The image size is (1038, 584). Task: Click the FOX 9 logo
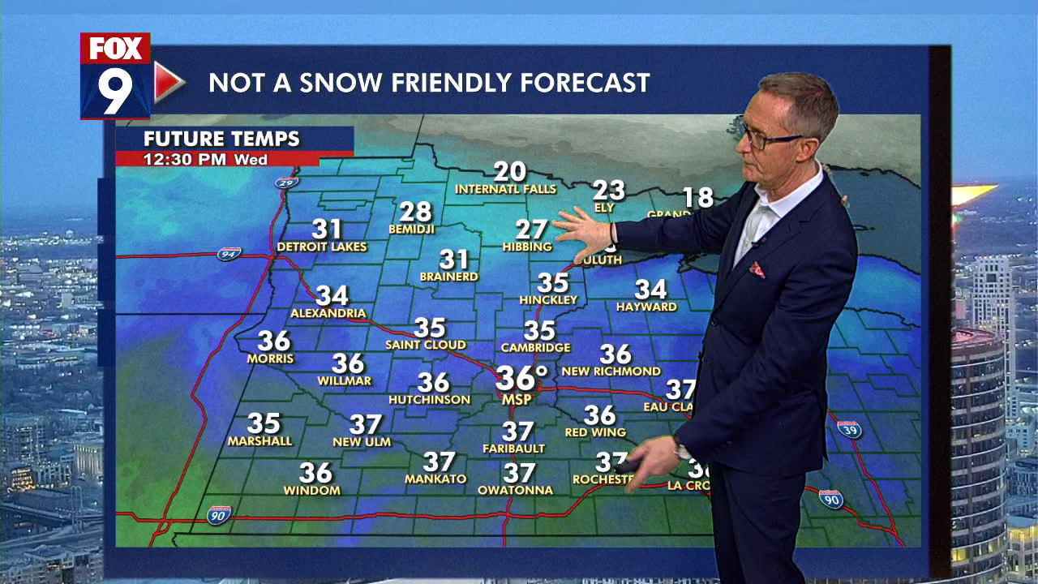116,75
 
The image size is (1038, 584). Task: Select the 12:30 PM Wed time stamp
205,160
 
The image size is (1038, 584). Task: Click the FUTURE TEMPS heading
221,139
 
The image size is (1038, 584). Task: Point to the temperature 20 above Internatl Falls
509,172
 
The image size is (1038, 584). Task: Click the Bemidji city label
415,230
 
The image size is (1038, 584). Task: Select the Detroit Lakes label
322,247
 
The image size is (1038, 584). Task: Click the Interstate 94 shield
229,255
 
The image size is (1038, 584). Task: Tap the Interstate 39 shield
848,428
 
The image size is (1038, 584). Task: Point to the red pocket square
757,269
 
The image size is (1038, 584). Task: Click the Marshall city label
259,441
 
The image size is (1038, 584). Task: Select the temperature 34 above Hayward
650,290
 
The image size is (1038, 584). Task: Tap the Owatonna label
515,490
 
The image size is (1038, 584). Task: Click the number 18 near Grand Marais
697,197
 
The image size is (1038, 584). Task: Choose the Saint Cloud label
425,346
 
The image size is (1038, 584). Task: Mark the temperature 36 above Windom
315,472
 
